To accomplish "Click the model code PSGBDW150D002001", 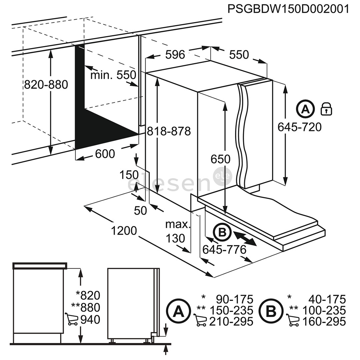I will [288, 9].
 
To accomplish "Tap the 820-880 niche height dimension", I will [46, 85].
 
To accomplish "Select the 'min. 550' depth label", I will [113, 75].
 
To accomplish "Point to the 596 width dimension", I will [175, 54].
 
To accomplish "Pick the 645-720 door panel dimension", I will [300, 127].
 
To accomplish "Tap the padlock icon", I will [326, 109].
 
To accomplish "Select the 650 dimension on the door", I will [220, 159].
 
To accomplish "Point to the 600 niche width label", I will [105, 154].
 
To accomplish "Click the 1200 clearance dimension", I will [124, 230].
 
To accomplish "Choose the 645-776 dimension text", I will [224, 249].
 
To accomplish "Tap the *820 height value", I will [88, 295].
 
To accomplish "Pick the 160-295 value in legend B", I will [324, 322].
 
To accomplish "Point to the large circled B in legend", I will [271, 312].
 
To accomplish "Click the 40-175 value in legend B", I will [326, 299].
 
